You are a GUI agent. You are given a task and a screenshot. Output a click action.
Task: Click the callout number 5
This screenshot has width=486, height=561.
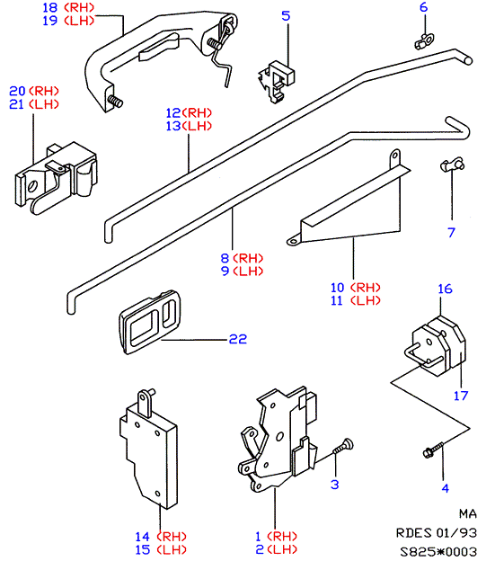286,16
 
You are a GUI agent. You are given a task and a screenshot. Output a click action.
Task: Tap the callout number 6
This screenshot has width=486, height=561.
423,7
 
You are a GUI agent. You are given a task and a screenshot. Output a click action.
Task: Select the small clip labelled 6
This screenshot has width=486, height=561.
424,41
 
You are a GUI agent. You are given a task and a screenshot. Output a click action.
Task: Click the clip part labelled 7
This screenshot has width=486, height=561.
452,165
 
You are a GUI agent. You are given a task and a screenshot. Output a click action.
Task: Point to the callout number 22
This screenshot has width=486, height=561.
238,339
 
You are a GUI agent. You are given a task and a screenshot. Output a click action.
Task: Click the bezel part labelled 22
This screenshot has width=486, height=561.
149,322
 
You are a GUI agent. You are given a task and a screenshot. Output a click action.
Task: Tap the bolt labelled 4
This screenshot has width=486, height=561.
433,450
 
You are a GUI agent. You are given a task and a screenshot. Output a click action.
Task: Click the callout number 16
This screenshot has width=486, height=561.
445,289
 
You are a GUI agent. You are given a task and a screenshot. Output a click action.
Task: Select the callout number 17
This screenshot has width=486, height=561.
461,396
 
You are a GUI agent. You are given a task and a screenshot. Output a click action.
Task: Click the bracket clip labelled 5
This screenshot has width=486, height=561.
277,82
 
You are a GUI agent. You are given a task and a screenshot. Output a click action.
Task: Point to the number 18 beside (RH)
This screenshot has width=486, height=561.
49,7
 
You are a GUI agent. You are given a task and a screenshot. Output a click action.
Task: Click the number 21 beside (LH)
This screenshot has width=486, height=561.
16,104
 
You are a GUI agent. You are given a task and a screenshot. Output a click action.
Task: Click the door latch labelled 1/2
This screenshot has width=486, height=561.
278,439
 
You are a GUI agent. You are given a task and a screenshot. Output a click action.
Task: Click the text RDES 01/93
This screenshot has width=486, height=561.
437,533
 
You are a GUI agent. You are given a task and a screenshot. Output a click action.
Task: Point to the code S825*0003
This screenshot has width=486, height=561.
438,551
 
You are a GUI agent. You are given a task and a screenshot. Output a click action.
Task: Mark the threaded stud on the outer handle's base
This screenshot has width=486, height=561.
115,102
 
